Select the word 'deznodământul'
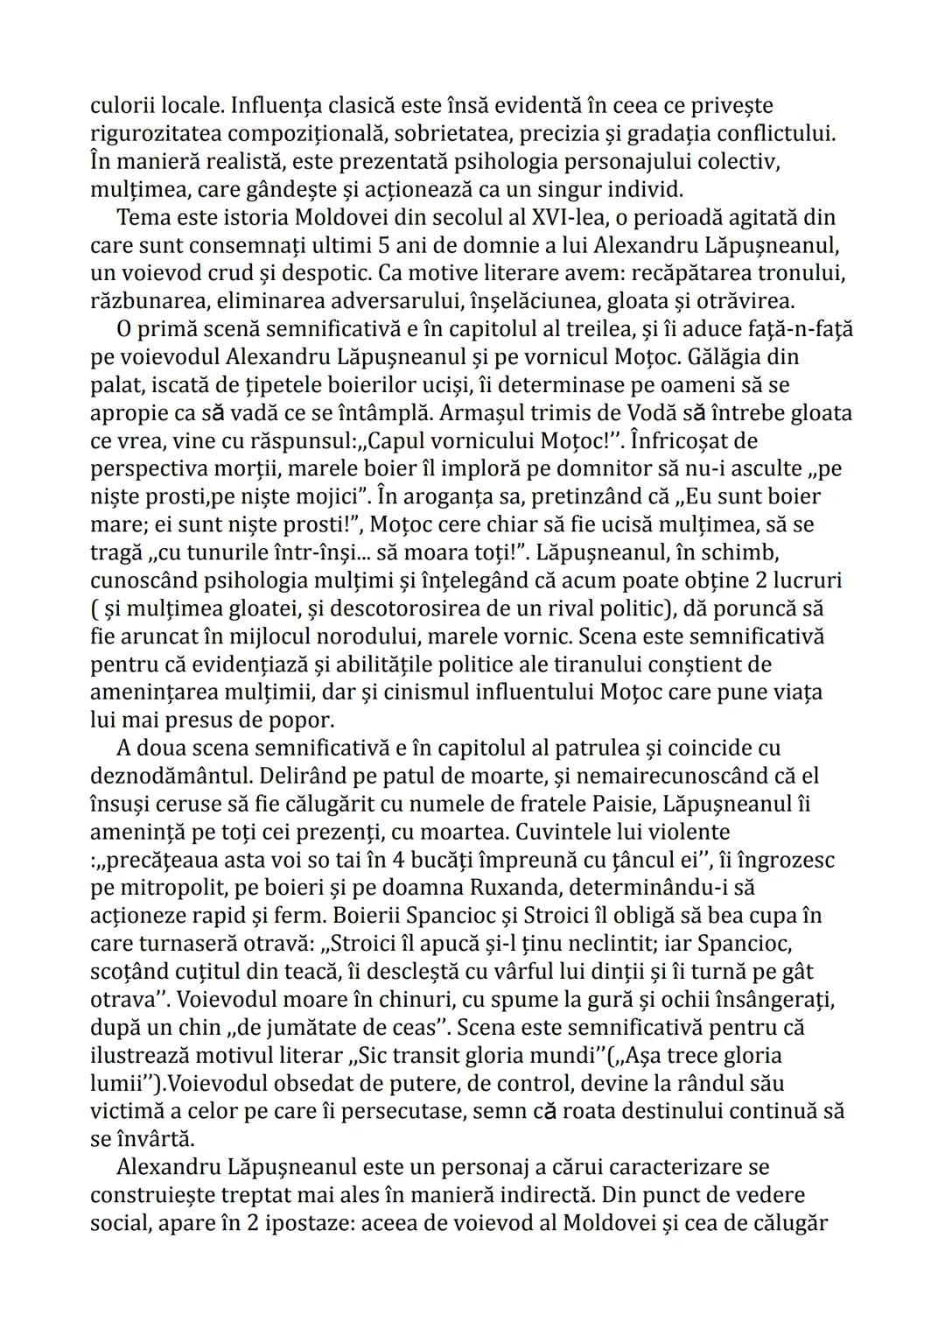point(158,776)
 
